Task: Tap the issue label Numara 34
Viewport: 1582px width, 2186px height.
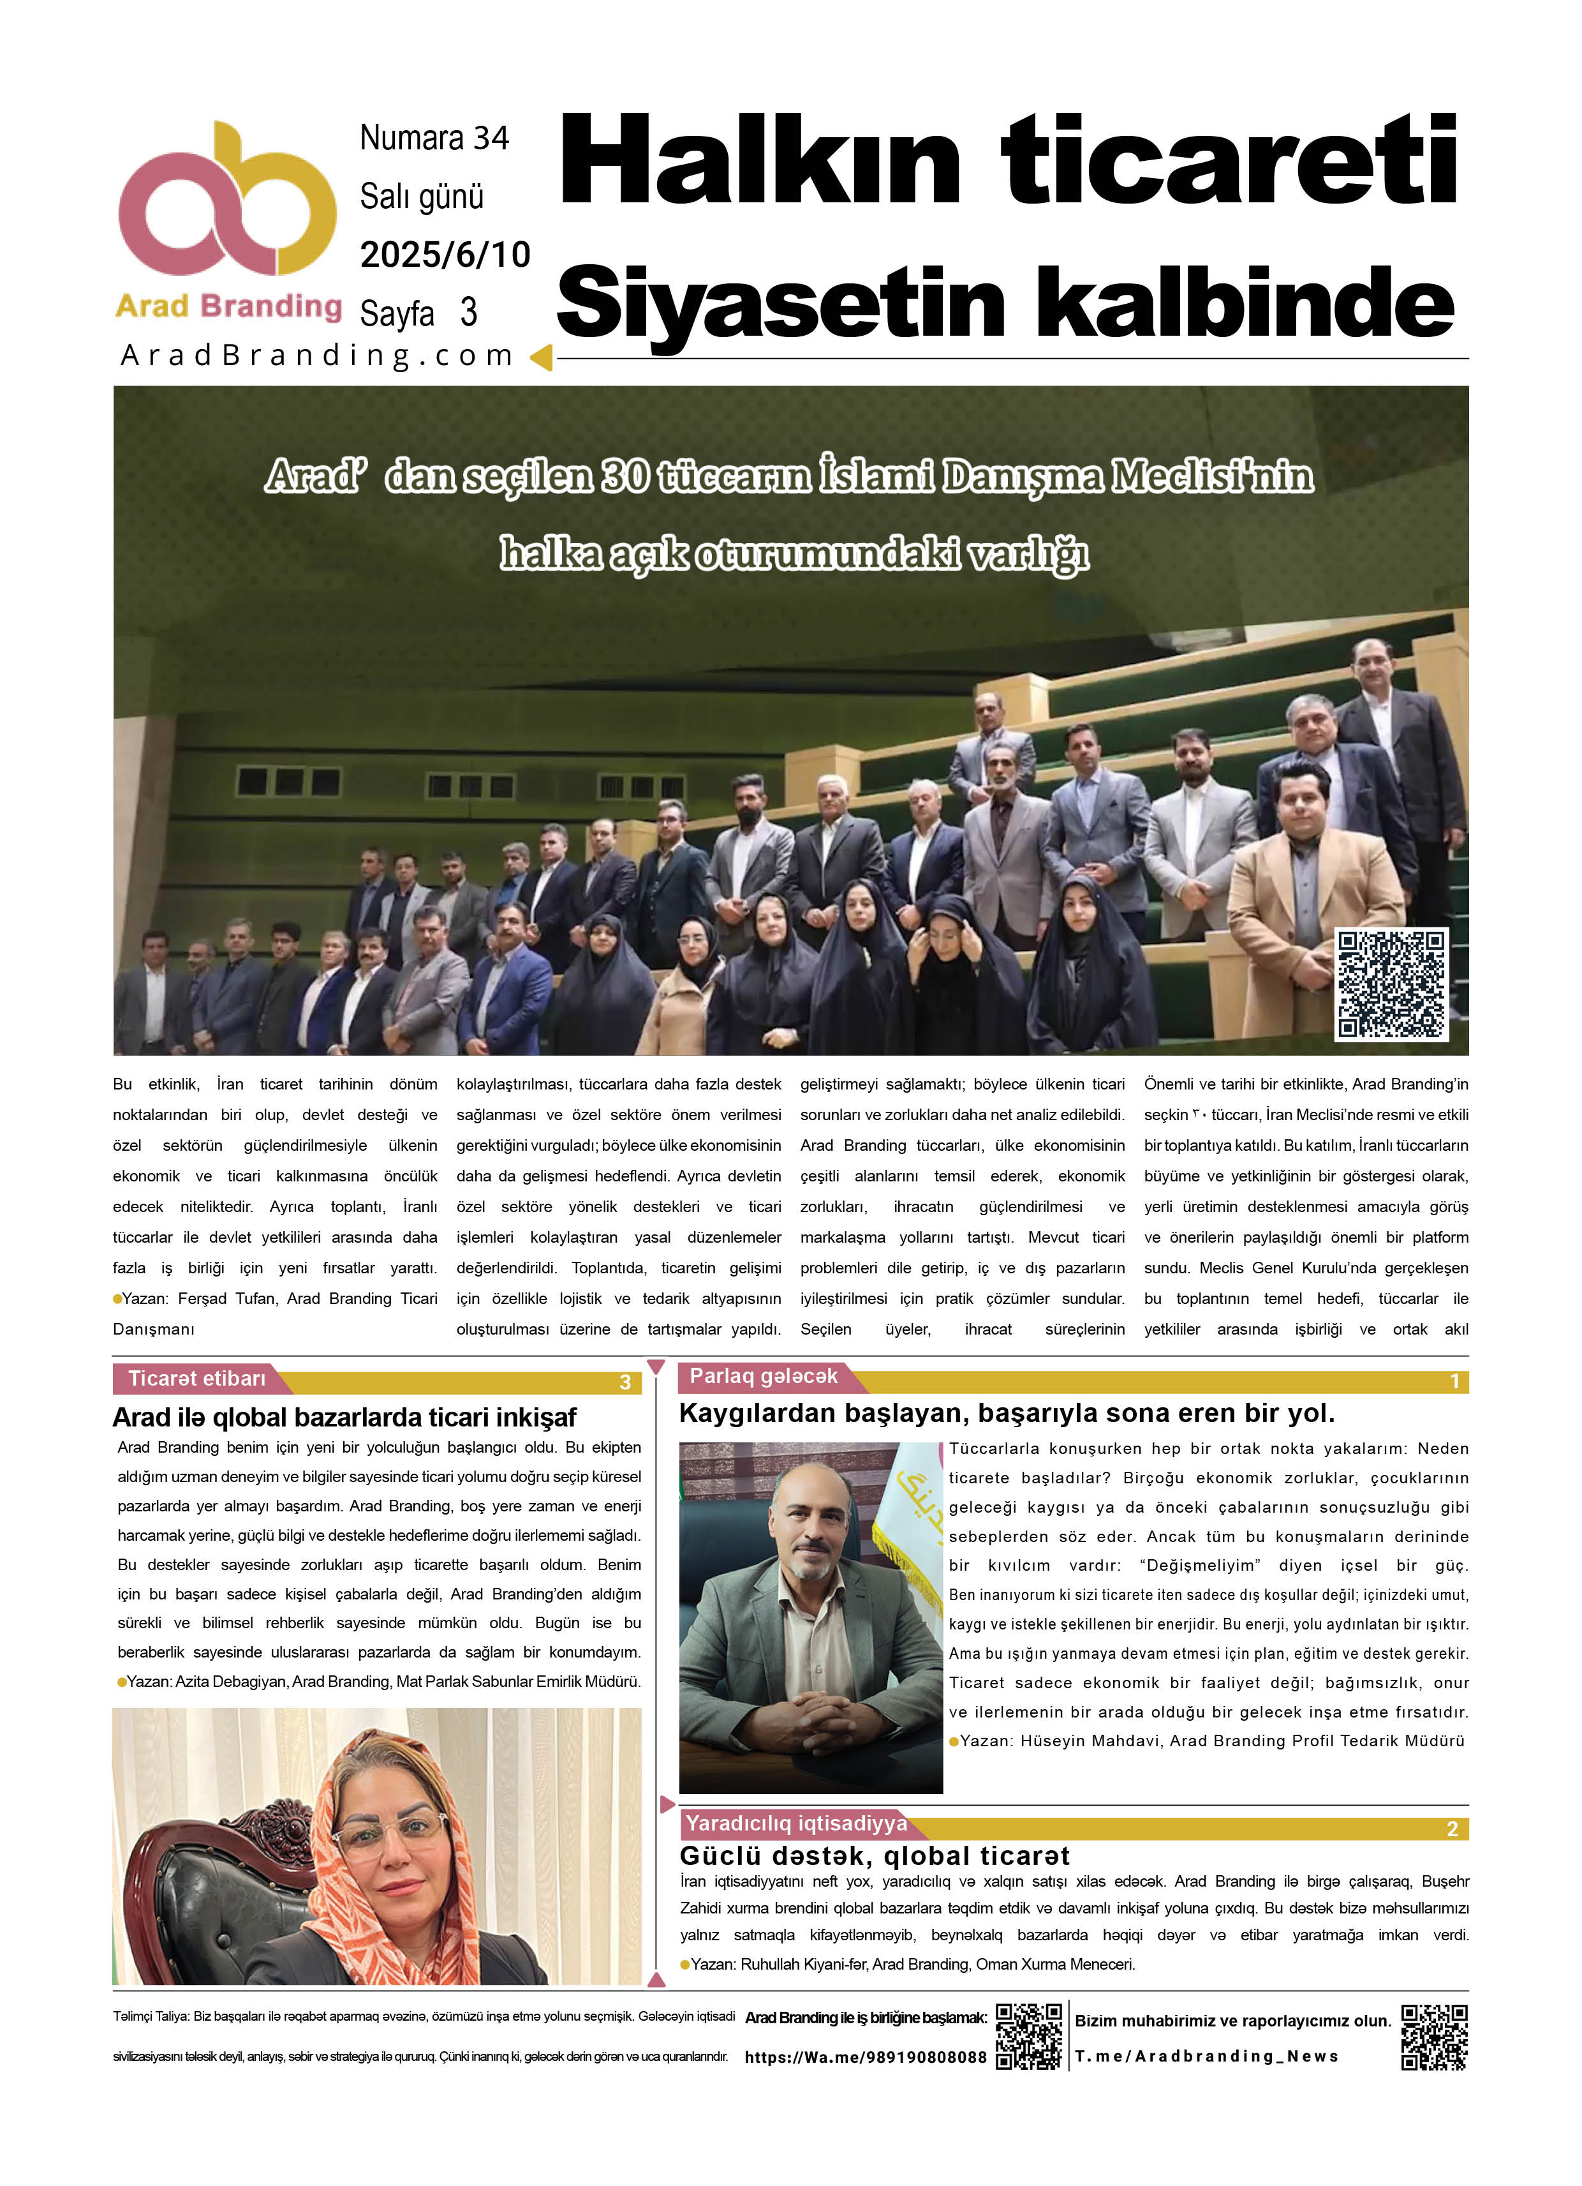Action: [434, 138]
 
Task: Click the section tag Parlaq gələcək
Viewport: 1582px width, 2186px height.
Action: [763, 1376]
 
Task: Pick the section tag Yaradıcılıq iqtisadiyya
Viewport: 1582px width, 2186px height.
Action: [796, 1823]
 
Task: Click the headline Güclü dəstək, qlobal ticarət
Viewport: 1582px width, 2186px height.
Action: [874, 1857]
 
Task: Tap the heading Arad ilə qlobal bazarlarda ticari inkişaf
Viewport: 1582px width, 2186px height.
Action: [344, 1418]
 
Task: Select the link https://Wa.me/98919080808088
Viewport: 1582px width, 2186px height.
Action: [865, 2058]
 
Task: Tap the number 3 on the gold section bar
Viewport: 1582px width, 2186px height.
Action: [625, 1382]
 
